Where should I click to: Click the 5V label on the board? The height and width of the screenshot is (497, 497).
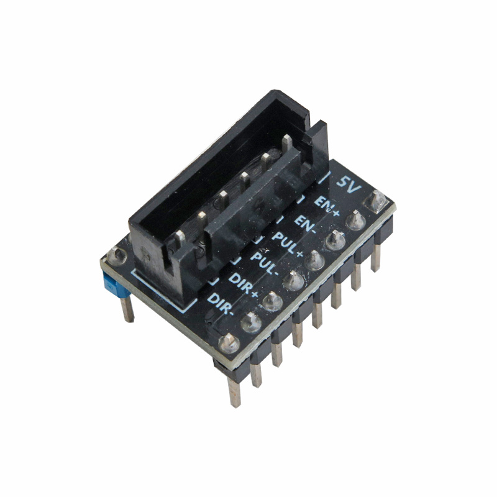[x=349, y=184]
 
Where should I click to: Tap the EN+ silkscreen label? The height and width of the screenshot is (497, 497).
[x=327, y=206]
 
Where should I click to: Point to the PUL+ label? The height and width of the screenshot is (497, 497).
[x=288, y=245]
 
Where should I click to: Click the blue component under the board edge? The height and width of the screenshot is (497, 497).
[x=116, y=287]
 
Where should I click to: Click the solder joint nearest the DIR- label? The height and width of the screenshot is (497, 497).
[x=252, y=322]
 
